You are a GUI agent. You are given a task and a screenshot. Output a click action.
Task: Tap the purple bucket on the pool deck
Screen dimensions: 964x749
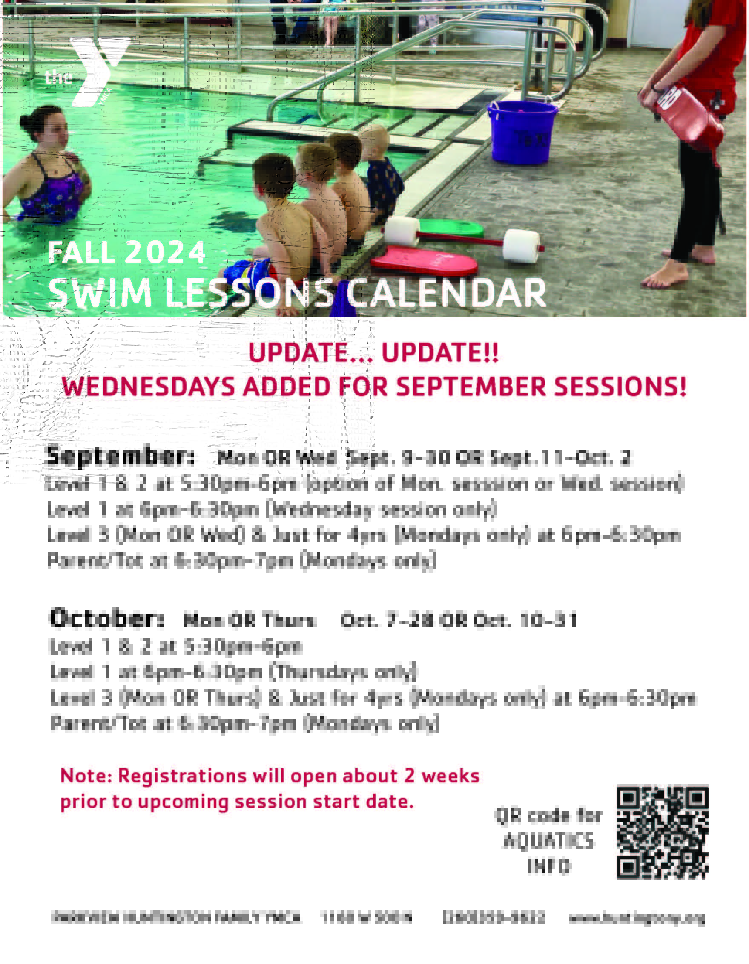pos(521,132)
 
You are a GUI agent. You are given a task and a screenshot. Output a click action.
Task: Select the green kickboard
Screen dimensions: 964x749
pos(450,227)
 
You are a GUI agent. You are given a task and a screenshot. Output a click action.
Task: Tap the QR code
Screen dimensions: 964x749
pos(662,831)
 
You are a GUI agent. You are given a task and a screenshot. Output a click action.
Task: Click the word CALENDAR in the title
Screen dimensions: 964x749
pos(446,293)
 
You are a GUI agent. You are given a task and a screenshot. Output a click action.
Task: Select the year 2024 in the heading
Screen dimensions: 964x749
pos(165,252)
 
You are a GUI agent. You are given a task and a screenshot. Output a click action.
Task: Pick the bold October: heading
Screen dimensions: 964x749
pos(106,618)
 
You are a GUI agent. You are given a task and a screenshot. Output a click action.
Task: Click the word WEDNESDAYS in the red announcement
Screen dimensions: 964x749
pos(148,387)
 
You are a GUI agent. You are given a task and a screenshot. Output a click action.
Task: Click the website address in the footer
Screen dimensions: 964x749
pos(637,918)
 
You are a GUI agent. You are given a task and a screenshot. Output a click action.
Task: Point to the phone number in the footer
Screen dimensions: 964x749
pos(494,918)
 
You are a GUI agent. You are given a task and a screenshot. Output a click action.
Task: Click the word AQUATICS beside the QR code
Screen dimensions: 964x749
pos(548,841)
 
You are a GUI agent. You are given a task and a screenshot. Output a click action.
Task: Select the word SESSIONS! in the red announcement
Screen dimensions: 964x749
pos(620,387)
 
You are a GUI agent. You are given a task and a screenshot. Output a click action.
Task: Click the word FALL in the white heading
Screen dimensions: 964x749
pos(81,252)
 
